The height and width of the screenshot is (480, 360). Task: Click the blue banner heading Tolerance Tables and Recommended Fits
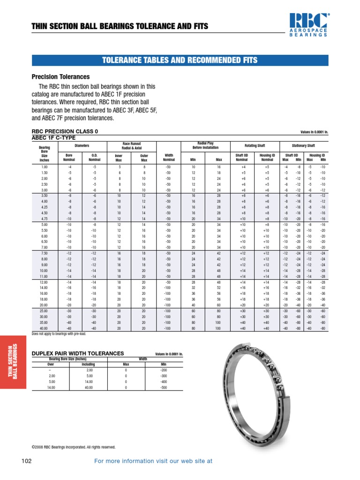tap(180, 60)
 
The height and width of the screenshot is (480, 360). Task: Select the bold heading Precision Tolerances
tap(60, 77)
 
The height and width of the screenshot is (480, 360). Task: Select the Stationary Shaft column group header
tap(304, 145)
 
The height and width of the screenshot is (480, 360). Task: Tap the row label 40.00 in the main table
tap(45, 328)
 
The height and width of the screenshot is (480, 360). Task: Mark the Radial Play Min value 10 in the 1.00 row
tap(193, 167)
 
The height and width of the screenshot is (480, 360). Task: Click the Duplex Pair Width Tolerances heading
tap(77, 353)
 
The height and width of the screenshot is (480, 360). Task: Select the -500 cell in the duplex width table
tap(164, 388)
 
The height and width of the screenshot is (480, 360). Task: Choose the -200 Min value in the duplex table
tap(164, 370)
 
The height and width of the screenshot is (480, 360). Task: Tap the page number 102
tap(26, 461)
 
